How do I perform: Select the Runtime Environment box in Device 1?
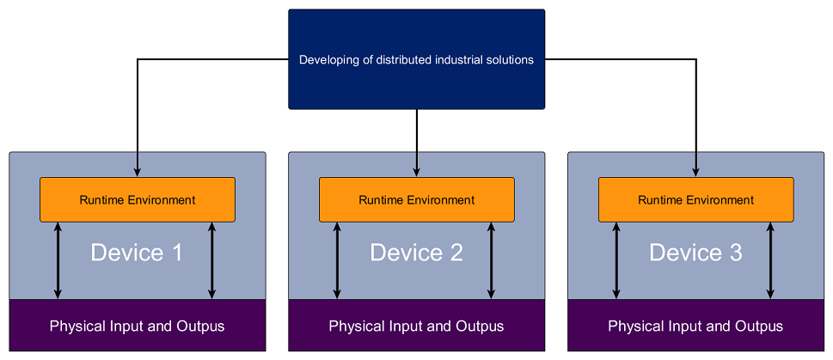[x=138, y=200]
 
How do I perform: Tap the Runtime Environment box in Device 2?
[x=416, y=200]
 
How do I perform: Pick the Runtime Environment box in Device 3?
[x=695, y=200]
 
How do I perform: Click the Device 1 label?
[x=137, y=253]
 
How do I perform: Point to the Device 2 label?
[x=416, y=253]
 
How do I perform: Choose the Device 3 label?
[x=695, y=253]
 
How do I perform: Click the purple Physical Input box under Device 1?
[x=138, y=326]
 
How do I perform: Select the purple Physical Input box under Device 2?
[x=416, y=326]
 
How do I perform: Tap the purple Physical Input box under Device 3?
[x=695, y=326]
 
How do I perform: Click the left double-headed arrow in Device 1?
[x=58, y=260]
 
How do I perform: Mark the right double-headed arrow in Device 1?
[x=211, y=260]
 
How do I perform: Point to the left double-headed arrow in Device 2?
[x=337, y=260]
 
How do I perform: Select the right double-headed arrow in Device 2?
[x=491, y=260]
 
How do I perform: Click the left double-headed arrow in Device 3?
[x=616, y=260]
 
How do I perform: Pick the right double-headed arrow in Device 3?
[x=770, y=260]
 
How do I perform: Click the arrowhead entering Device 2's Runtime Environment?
[x=416, y=173]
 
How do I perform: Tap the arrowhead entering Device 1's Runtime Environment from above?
[x=138, y=173]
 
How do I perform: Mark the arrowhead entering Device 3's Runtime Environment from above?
[x=695, y=173]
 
